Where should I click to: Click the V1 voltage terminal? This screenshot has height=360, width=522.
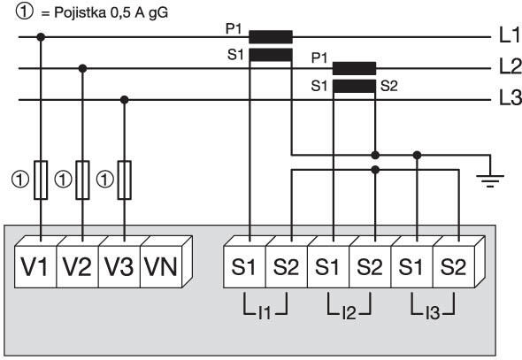coord(35,266)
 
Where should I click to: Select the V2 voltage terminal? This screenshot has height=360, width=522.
coord(78,266)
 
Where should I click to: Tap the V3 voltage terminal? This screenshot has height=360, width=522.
coord(119,266)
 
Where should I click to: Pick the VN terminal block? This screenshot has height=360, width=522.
coord(161,266)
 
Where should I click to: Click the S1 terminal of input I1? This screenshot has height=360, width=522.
coord(244,266)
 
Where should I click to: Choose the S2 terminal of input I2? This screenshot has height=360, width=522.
coord(370,266)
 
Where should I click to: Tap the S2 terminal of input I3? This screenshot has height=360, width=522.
coord(453,266)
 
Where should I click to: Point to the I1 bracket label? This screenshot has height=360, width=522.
coord(265,313)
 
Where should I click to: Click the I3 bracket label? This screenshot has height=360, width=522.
coord(433,313)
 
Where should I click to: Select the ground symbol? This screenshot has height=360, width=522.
coord(490,180)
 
